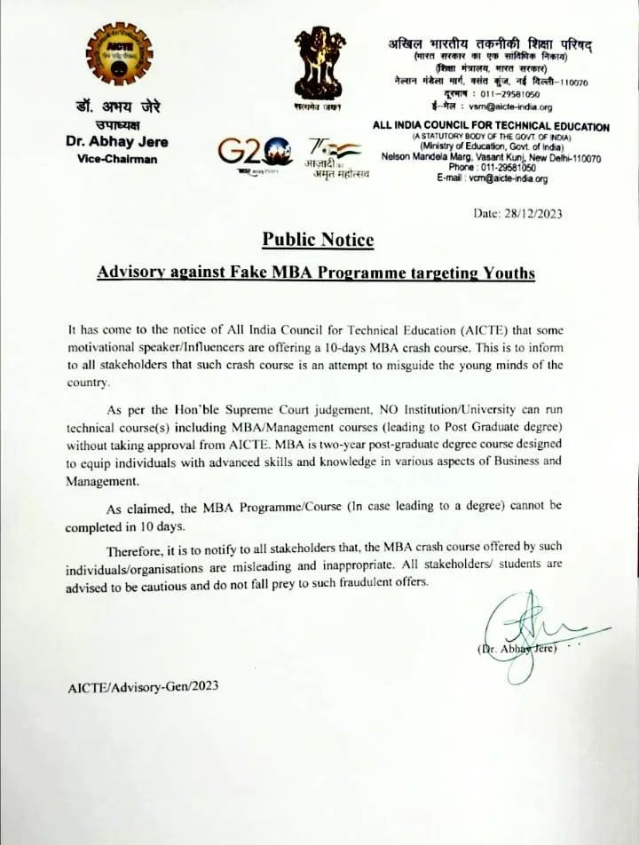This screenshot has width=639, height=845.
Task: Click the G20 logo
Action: point(253,154)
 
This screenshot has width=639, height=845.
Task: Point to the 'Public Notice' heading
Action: point(318,241)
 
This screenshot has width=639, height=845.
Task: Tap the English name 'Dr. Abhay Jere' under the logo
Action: point(116,142)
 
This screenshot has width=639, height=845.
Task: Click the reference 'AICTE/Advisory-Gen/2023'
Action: point(142,686)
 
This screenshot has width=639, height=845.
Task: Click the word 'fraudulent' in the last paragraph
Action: point(349,582)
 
